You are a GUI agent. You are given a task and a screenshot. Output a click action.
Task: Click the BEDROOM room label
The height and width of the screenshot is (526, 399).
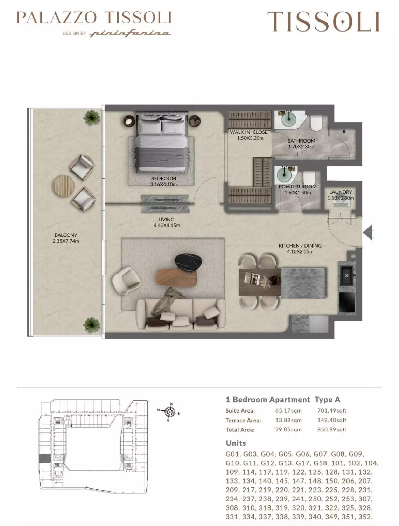point(163,178)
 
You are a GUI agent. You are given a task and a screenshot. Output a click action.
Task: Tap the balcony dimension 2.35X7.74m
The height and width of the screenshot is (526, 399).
point(66,241)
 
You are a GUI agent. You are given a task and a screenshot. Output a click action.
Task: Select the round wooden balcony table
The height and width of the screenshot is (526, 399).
point(64,186)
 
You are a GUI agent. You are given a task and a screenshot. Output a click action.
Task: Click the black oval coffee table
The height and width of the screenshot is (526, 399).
point(189,263)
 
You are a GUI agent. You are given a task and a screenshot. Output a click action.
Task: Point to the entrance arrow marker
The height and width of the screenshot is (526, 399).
point(368,232)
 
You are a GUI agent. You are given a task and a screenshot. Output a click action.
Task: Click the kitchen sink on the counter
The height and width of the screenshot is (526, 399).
point(347,275)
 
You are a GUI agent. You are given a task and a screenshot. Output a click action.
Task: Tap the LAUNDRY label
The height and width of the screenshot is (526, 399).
point(341,192)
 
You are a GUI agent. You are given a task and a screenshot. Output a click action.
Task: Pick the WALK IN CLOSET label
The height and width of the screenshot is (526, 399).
point(250,132)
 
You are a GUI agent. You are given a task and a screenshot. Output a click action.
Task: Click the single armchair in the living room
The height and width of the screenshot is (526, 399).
point(126,280)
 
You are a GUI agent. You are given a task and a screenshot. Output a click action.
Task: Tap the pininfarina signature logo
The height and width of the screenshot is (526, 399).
point(130,33)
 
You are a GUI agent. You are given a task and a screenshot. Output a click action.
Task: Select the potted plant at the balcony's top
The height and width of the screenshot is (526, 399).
point(91,118)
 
